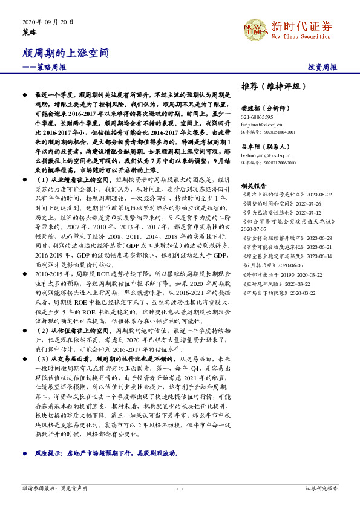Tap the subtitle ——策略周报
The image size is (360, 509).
coord(44,67)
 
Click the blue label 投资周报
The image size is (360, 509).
coord(322,67)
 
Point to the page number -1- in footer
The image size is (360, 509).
coord(180,487)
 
